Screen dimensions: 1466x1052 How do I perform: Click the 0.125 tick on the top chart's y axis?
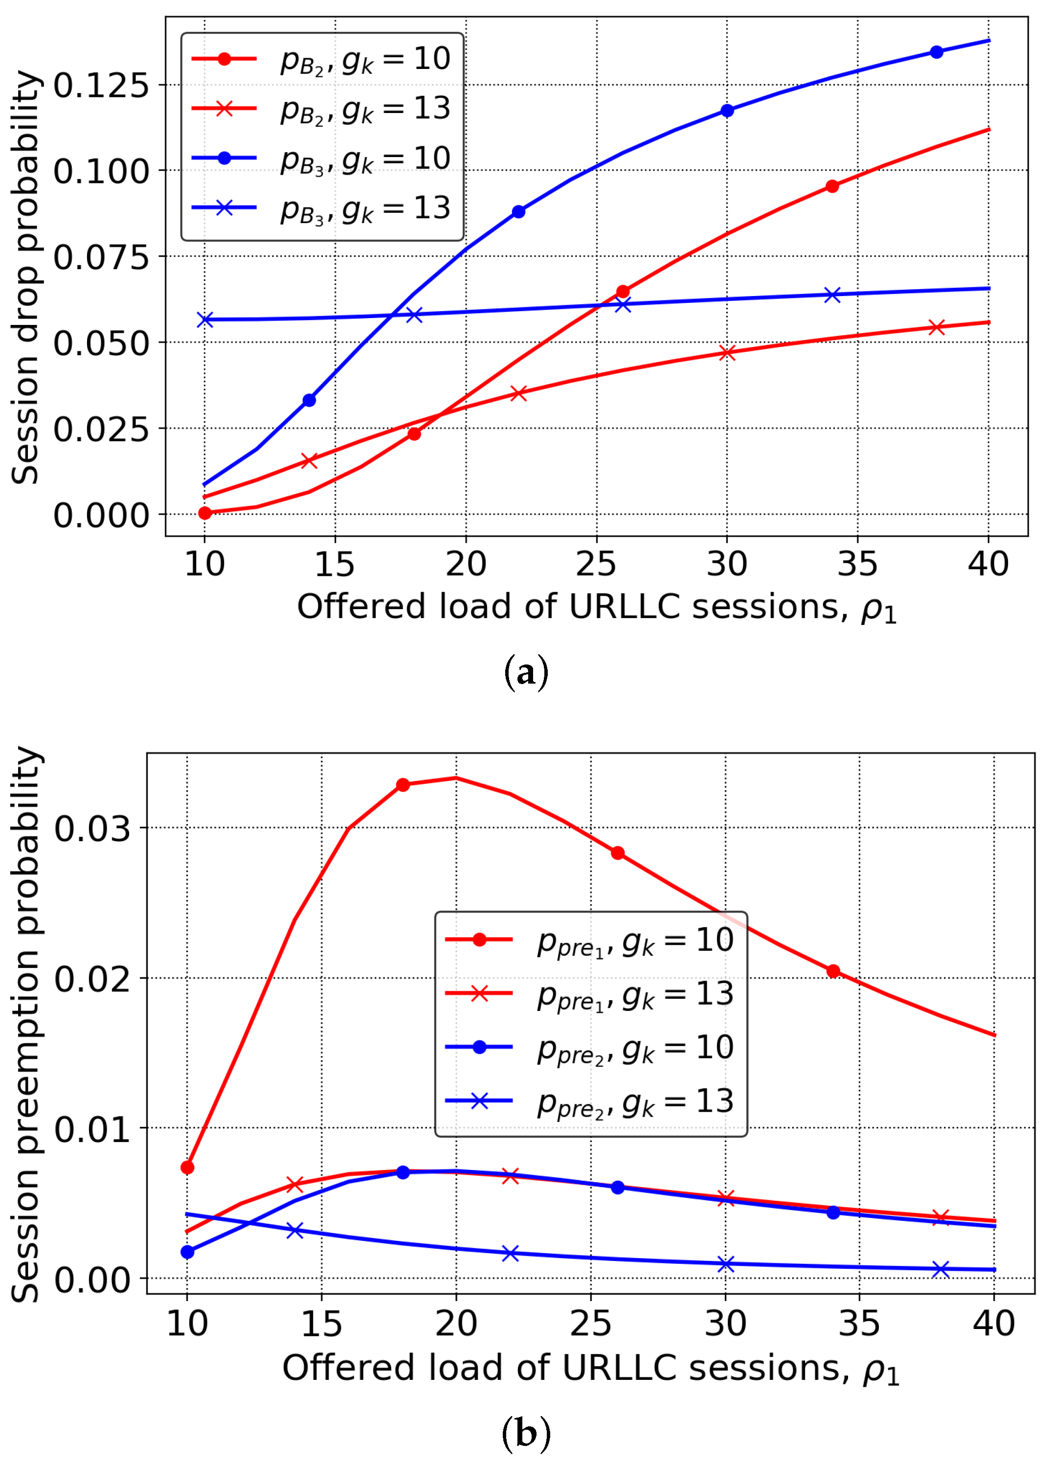tap(100, 85)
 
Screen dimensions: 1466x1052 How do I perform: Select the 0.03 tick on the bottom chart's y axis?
tap(92, 828)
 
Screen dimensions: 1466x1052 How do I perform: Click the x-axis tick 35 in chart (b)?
tap(859, 1323)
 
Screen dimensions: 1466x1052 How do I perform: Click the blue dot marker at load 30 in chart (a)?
tap(727, 111)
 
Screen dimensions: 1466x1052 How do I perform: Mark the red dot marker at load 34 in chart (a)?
tap(832, 186)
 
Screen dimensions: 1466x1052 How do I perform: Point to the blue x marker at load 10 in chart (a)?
tap(205, 320)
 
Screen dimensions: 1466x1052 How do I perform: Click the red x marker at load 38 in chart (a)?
tap(936, 327)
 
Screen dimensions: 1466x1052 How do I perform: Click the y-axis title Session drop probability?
tap(26, 278)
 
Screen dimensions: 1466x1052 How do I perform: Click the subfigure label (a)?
tap(525, 672)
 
